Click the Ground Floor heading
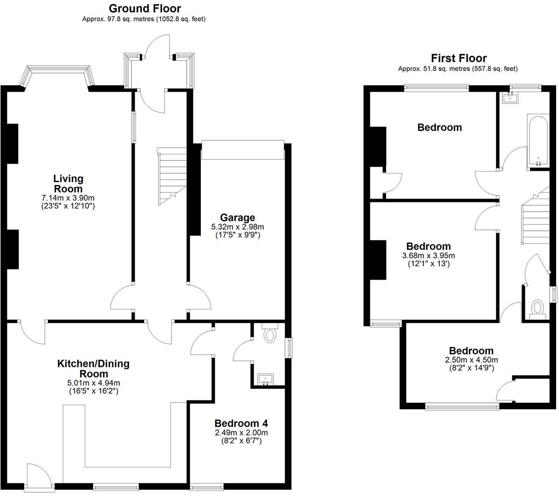[145, 8]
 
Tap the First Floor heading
[458, 58]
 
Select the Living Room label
[68, 183]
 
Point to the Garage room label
[238, 217]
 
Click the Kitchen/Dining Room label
[93, 368]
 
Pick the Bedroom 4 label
[241, 423]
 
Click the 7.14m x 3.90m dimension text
[68, 198]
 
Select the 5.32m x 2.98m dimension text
[238, 227]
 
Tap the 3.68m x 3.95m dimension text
[428, 255]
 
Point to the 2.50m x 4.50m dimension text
[471, 360]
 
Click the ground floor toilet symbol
[270, 334]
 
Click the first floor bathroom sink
[511, 97]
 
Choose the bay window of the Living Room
[57, 75]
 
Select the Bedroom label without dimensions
[439, 127]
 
